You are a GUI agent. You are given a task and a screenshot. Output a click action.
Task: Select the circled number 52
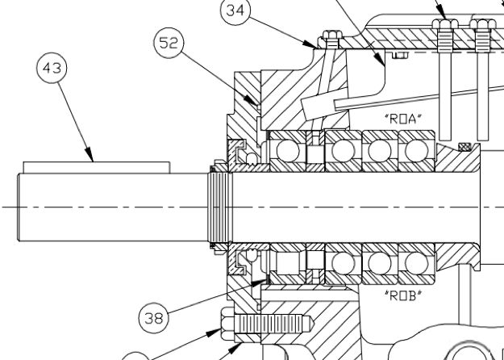click(x=169, y=44)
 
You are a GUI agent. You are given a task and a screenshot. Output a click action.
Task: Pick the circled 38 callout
click(x=153, y=317)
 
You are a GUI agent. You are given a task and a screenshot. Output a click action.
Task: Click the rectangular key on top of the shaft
click(x=97, y=166)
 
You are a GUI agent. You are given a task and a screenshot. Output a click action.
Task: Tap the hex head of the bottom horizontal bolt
click(x=226, y=331)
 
